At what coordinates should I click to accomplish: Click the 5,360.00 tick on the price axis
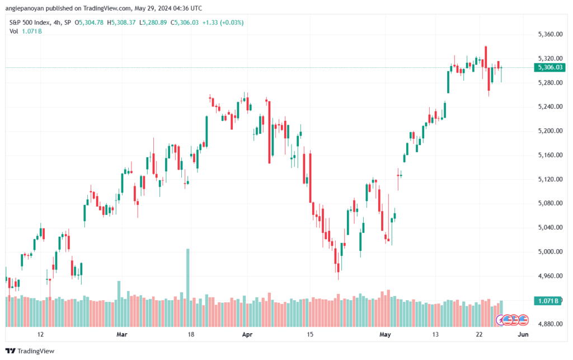550,34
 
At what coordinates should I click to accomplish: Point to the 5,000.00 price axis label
550,251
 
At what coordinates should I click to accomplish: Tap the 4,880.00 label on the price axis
550,324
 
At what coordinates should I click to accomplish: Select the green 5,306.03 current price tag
549,67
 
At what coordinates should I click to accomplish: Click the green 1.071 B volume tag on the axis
547,301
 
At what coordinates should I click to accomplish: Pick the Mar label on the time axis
121,334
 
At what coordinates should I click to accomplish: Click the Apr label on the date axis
247,334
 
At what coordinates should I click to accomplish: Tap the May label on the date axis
385,334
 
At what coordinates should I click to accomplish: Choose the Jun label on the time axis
523,334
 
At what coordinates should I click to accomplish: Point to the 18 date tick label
191,334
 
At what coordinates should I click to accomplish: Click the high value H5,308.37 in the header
121,22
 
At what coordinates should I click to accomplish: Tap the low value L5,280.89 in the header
153,22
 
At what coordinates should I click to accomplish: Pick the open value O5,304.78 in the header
89,22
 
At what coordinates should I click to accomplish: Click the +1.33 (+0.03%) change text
223,22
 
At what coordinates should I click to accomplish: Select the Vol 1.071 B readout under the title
26,31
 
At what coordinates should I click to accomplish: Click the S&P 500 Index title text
30,22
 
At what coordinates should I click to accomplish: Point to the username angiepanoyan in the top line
22,8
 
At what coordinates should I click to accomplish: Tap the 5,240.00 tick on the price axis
550,107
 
